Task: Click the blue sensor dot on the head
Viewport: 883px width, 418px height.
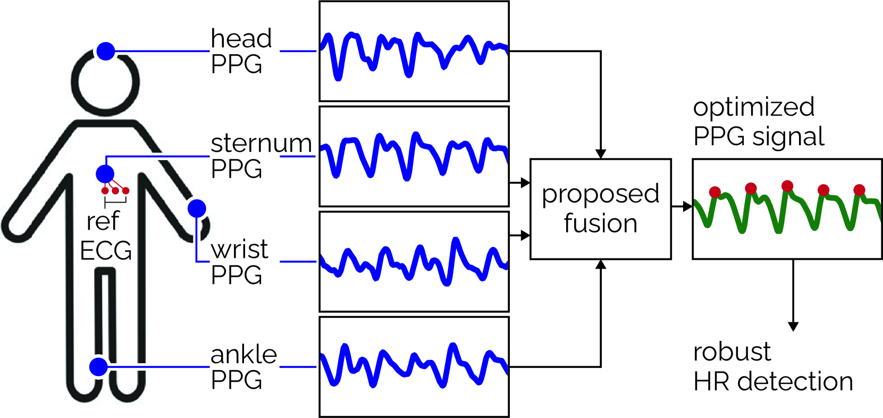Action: tap(106, 51)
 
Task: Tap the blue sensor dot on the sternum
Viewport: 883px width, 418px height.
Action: tap(105, 173)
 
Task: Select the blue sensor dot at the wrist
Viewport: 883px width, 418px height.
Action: tap(197, 208)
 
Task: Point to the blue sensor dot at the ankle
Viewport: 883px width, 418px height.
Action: tap(98, 367)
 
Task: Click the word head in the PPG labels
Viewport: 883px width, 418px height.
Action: tap(241, 38)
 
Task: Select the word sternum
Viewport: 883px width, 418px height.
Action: tap(261, 144)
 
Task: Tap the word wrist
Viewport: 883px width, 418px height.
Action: tap(239, 249)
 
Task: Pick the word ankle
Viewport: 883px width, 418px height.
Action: tap(243, 355)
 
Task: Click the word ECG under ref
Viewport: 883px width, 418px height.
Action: tap(106, 250)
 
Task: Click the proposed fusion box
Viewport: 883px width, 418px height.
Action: tap(600, 208)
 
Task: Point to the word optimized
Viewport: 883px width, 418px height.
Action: tap(753, 107)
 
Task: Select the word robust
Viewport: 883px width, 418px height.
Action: tap(732, 352)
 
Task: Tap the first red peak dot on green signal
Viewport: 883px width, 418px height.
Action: tap(715, 192)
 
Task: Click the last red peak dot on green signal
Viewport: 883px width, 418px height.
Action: tap(859, 190)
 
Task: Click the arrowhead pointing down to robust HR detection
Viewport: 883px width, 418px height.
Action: tap(793, 326)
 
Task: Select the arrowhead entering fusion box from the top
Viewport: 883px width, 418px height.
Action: tap(601, 154)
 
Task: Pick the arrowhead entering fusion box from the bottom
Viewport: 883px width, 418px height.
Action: tap(601, 264)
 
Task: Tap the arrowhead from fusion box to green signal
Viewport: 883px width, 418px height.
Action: tap(688, 206)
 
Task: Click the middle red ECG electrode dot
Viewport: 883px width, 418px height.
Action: tap(115, 190)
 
